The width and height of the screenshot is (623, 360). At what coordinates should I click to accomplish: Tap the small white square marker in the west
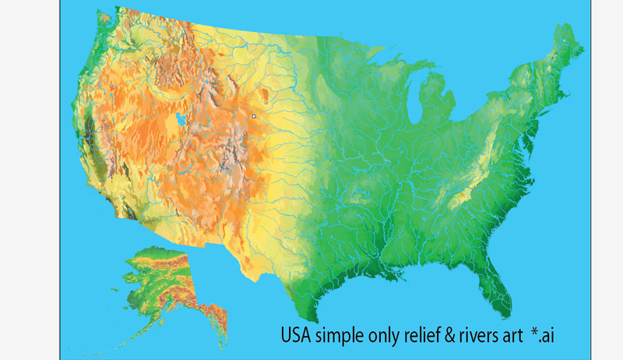254,116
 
